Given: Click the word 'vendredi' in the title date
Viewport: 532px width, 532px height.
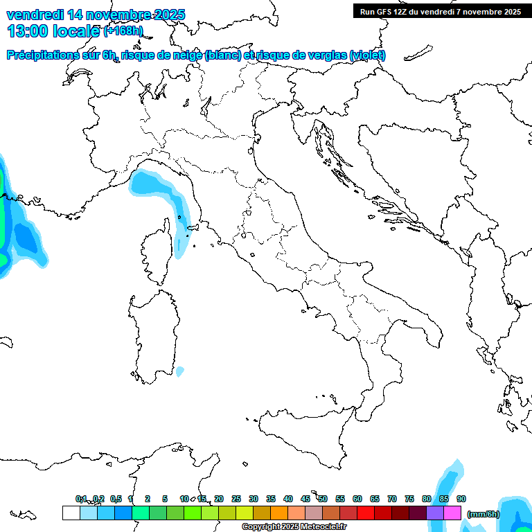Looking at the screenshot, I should coord(34,14).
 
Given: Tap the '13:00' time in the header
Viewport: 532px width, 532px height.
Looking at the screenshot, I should coord(27,30).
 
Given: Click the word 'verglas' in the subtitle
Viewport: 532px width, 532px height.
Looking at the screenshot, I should coord(326,55).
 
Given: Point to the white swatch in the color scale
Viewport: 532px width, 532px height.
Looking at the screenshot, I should coord(71,513).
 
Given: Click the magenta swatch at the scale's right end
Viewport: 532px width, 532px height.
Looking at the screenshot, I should coord(452,513).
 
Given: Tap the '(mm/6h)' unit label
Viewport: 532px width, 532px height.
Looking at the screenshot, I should coord(483,514).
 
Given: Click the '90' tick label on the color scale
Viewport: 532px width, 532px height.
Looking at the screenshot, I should coord(461,499).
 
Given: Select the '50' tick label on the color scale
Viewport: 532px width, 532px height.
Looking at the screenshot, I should coord(323,499).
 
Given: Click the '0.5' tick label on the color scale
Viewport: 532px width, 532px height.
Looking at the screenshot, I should coord(116,499).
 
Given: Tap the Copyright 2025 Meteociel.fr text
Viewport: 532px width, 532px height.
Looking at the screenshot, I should coord(294,527).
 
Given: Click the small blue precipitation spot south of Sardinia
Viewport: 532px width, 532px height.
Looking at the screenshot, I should coord(180,371).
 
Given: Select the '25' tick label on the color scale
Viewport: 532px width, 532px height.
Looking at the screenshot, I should coord(236,499).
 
